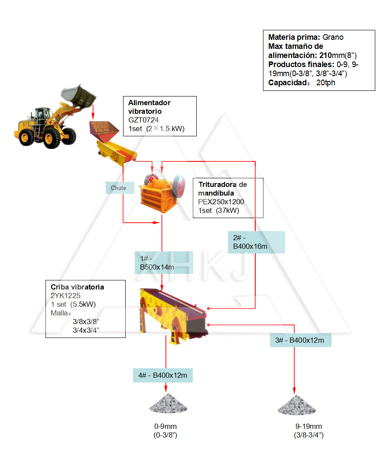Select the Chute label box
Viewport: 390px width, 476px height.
pos(118,188)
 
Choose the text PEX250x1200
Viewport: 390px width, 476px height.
pos(221,202)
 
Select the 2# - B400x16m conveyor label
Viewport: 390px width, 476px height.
pos(256,242)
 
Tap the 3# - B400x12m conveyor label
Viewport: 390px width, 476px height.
pos(299,340)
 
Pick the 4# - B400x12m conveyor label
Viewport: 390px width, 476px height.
pos(162,375)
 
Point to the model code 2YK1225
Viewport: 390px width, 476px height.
pos(65,296)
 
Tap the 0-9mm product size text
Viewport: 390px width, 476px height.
pos(166,426)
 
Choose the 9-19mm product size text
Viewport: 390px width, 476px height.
pos(309,426)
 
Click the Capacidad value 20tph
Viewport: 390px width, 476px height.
pos(325,83)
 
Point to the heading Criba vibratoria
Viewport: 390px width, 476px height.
pos(77,287)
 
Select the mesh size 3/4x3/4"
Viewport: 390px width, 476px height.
pos(86,330)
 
